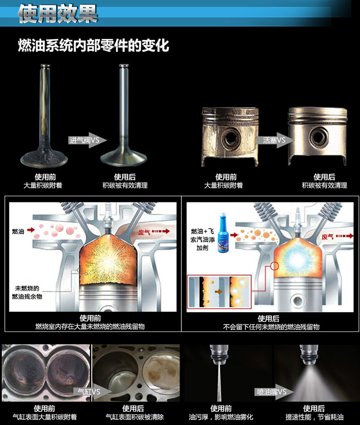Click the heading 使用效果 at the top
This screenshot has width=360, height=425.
(x=58, y=13)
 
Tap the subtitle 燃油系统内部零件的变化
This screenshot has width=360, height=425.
(x=94, y=45)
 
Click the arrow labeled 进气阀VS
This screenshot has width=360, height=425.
(x=87, y=140)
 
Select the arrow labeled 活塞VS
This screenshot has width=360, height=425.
(x=275, y=140)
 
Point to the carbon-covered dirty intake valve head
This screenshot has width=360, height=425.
(x=44, y=158)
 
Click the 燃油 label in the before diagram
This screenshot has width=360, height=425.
(x=18, y=231)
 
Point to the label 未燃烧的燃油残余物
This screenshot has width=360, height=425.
(x=27, y=292)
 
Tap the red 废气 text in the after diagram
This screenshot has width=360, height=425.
(x=327, y=237)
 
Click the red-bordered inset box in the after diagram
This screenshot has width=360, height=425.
(x=219, y=292)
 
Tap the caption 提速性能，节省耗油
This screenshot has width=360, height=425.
(x=314, y=417)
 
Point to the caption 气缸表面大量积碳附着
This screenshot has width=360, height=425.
(x=45, y=417)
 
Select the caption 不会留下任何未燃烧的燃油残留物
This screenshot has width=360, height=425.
(x=271, y=327)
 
